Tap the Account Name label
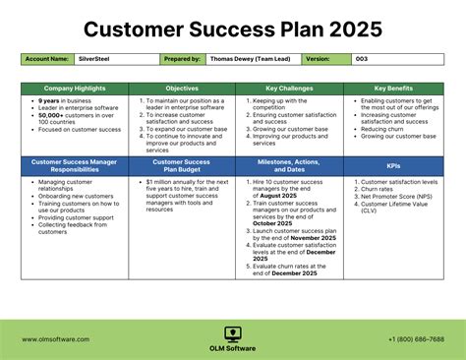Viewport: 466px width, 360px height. (x=46, y=59)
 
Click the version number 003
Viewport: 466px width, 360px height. (x=362, y=59)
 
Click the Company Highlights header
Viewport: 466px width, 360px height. (x=75, y=89)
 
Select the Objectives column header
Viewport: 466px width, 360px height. (x=182, y=89)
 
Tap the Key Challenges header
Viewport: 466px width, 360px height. (x=289, y=89)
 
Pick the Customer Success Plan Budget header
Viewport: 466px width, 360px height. (x=182, y=163)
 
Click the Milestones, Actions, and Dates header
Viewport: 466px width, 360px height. (x=289, y=163)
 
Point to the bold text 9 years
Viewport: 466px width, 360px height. (x=50, y=100)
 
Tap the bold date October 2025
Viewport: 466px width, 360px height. (x=274, y=221)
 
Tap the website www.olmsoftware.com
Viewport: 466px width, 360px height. (x=56, y=339)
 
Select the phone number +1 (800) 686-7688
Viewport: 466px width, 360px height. (x=416, y=339)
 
